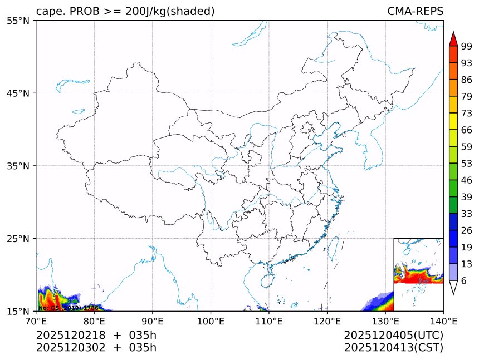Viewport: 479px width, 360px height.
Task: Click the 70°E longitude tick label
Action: [x=36, y=321]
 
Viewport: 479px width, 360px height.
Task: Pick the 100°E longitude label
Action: [x=211, y=321]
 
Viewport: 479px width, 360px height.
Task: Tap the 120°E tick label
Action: [x=327, y=321]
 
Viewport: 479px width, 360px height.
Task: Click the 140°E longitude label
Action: [x=443, y=321]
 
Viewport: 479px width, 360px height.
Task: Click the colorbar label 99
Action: [x=467, y=47]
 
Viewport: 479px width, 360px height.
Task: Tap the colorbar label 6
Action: [x=464, y=280]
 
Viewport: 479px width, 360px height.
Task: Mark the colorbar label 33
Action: [x=467, y=214]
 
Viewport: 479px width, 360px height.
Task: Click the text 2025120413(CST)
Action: [x=393, y=348]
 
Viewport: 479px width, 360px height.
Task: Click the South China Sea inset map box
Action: [x=418, y=274]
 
